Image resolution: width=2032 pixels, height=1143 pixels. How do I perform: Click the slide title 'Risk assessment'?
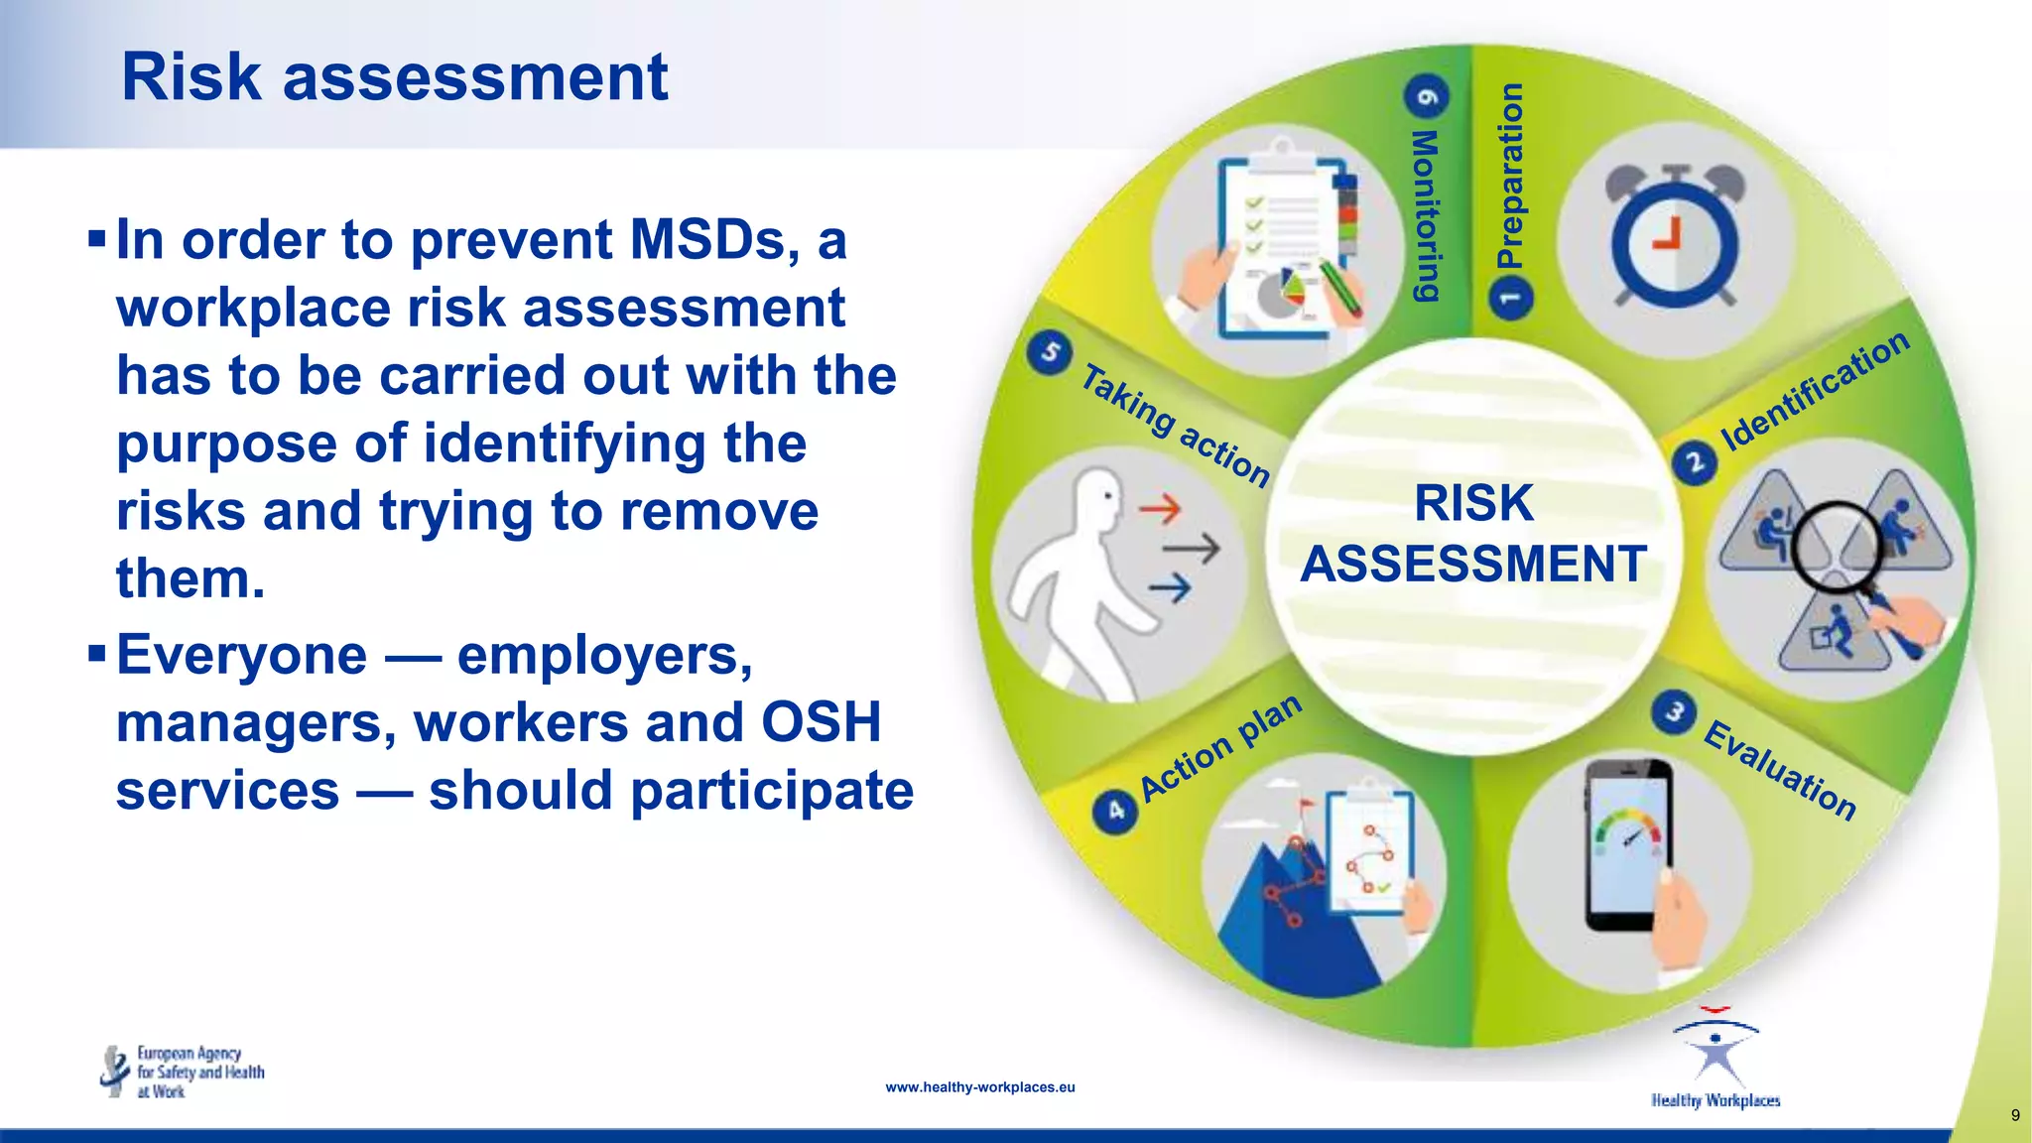[x=394, y=77]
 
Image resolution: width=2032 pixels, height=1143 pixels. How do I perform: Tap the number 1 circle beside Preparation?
[x=1511, y=297]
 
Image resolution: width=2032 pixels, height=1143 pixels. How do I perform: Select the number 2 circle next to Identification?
[x=1695, y=462]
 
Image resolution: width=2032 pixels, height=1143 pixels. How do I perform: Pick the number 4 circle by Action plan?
[x=1115, y=811]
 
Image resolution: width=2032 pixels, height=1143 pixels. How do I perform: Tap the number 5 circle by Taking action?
[x=1050, y=353]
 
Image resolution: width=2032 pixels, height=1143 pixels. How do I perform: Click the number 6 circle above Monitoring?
[x=1427, y=96]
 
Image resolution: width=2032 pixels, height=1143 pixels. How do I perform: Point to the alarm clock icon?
[x=1675, y=238]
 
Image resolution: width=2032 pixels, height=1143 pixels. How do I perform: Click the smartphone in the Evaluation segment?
[x=1627, y=843]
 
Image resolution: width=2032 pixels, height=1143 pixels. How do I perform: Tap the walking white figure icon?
[x=1077, y=575]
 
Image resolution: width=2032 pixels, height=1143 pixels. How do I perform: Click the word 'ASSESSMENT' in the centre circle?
[x=1473, y=564]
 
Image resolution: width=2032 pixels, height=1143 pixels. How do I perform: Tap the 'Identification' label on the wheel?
[x=1814, y=389]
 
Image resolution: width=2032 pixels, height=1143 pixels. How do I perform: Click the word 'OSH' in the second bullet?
[x=821, y=721]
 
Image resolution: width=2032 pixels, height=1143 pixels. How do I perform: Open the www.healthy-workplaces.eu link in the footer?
[x=979, y=1087]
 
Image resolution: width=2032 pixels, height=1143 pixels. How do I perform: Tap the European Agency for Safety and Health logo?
[x=183, y=1072]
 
